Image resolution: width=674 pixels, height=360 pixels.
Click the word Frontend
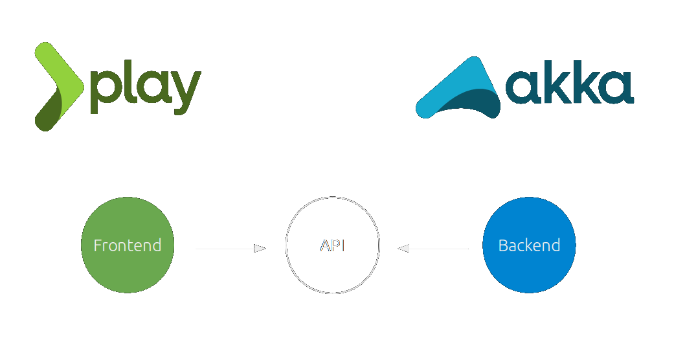tap(128, 246)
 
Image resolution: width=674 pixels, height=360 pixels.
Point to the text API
tap(332, 246)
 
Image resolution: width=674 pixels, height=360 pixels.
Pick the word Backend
tap(529, 246)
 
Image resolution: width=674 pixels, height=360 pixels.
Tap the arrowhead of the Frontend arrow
tap(260, 248)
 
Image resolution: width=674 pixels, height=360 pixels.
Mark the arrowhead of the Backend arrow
tap(403, 248)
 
